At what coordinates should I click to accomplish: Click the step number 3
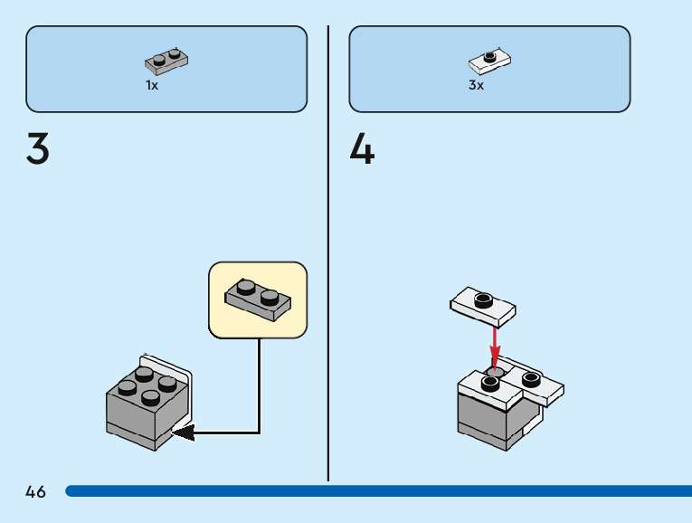tap(38, 149)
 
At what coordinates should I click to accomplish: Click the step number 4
tap(362, 149)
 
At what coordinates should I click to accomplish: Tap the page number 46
tap(35, 492)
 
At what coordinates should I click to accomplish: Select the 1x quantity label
tap(152, 85)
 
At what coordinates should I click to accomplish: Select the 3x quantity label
tap(476, 85)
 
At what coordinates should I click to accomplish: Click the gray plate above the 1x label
tap(166, 61)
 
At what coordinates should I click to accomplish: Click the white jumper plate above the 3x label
tap(490, 62)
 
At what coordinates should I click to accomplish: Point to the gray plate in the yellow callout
tap(258, 298)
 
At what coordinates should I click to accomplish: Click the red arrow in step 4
tap(495, 344)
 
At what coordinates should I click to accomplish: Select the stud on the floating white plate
tap(482, 296)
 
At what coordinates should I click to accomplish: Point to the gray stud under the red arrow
tap(496, 371)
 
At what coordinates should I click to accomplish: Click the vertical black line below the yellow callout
tap(260, 380)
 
